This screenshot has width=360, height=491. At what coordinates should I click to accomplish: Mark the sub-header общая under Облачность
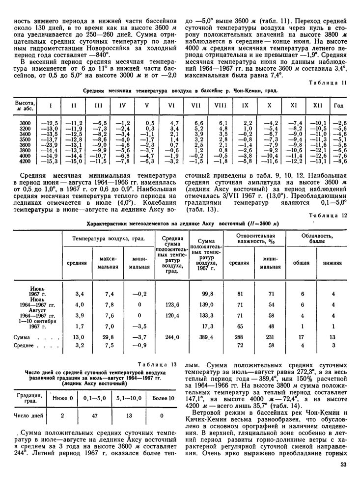pyautogui.click(x=302, y=263)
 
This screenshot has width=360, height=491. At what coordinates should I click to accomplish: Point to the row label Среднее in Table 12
pyautogui.click(x=25, y=345)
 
